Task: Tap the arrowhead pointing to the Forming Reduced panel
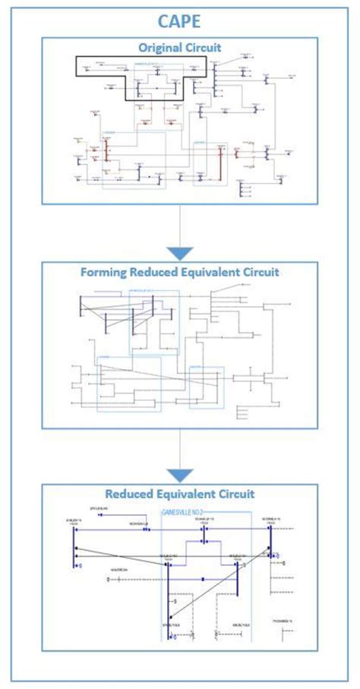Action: click(x=180, y=252)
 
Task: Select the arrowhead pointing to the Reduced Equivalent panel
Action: click(x=180, y=475)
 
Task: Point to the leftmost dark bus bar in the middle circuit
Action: click(x=80, y=308)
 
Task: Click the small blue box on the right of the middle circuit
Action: click(x=207, y=387)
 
